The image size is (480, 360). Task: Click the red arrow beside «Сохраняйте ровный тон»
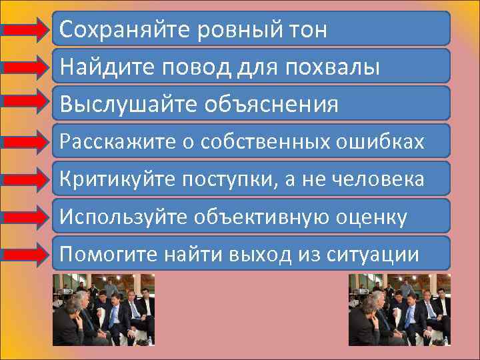tap(27, 29)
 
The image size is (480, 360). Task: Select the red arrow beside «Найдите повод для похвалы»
tap(27, 67)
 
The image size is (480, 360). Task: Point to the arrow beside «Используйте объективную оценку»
tap(27, 216)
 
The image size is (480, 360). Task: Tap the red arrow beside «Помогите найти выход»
tap(27, 253)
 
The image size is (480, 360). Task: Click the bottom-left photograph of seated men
tap(104, 309)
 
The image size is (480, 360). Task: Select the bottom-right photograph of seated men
tap(399, 309)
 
